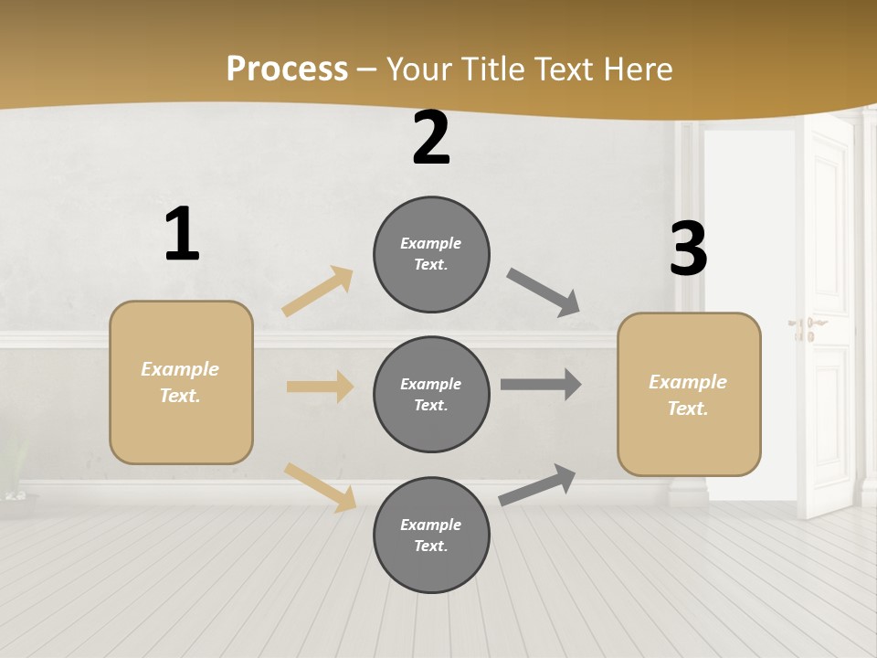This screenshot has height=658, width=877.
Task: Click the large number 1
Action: pos(182,234)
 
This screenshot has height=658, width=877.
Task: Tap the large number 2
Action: pos(431,139)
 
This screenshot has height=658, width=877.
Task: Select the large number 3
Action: pos(688,249)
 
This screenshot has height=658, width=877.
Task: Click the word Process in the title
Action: pos(287,69)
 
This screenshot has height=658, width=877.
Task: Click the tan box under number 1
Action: pos(181,382)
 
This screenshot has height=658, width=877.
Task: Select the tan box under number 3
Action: pos(689,394)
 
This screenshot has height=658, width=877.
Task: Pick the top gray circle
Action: pos(431,254)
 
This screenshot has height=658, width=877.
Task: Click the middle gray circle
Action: pos(431,394)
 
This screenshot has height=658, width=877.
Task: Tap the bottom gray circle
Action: pos(431,535)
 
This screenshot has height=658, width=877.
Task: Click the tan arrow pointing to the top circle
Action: pos(318,292)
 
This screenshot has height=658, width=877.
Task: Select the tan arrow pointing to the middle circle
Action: pos(320,387)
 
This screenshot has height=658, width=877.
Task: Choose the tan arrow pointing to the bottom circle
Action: pos(320,487)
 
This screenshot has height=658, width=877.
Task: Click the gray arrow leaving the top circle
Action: pos(544,292)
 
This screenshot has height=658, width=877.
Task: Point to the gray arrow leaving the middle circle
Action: pos(541,385)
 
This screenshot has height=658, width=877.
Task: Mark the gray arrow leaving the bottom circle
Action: pos(538,484)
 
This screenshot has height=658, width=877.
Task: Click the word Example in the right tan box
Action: pos(688,382)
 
